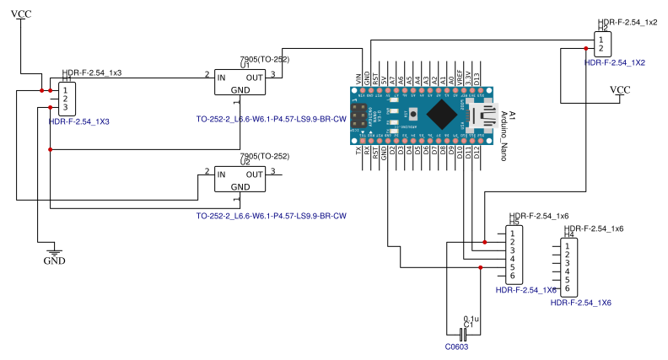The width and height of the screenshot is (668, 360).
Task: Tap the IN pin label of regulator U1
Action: pyautogui.click(x=222, y=78)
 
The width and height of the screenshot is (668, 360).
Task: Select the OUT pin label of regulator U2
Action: pyautogui.click(x=255, y=174)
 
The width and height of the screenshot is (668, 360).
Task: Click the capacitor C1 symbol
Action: pyautogui.click(x=463, y=334)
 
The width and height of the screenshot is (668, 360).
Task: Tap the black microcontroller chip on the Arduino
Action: pyautogui.click(x=442, y=114)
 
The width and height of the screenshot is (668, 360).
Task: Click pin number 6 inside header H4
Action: pyautogui.click(x=568, y=289)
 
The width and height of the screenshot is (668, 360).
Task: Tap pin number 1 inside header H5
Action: pyautogui.click(x=511, y=233)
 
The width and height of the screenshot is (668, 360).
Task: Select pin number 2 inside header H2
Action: pyautogui.click(x=601, y=48)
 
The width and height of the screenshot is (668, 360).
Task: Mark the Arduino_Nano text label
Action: pyautogui.click(x=504, y=135)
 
